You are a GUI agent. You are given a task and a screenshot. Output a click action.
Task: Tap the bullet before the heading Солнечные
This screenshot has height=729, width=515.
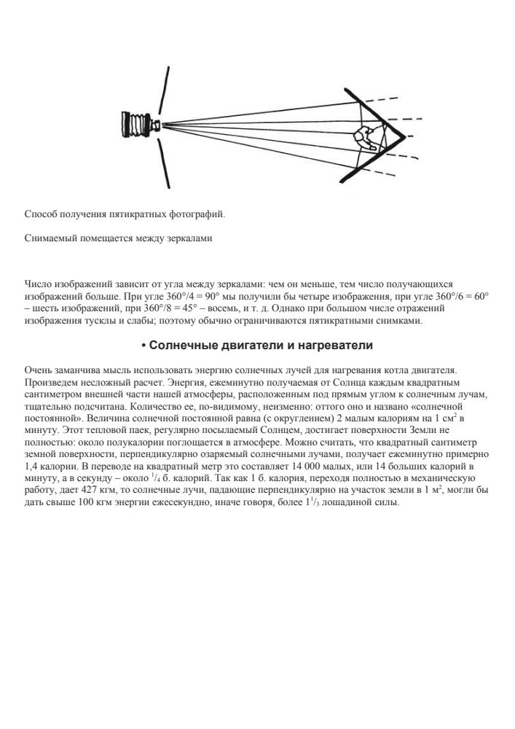point(144,345)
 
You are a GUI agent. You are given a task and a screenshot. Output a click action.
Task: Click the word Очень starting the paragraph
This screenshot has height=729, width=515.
point(38,372)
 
